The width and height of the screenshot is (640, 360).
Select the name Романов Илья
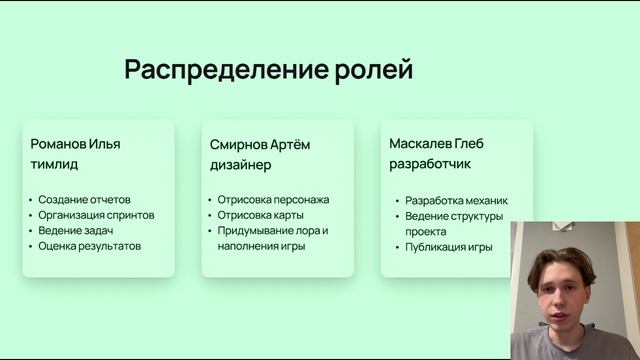[76, 143]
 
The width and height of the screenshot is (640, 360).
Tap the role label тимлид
[54, 164]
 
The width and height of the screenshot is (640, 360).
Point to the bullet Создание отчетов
[85, 199]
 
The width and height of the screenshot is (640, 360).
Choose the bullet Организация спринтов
[96, 214]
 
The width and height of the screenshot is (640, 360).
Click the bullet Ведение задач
[76, 230]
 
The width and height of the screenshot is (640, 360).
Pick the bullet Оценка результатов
[90, 245]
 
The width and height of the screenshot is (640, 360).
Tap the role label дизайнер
[240, 165]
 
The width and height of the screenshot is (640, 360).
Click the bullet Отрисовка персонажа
[273, 199]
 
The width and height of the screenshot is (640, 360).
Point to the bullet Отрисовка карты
[261, 214]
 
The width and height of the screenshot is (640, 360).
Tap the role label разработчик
[430, 164]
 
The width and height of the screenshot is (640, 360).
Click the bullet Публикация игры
[449, 246]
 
